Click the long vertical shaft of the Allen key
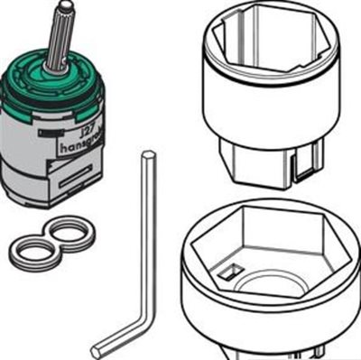(x=148, y=235)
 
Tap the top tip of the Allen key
(x=146, y=157)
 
